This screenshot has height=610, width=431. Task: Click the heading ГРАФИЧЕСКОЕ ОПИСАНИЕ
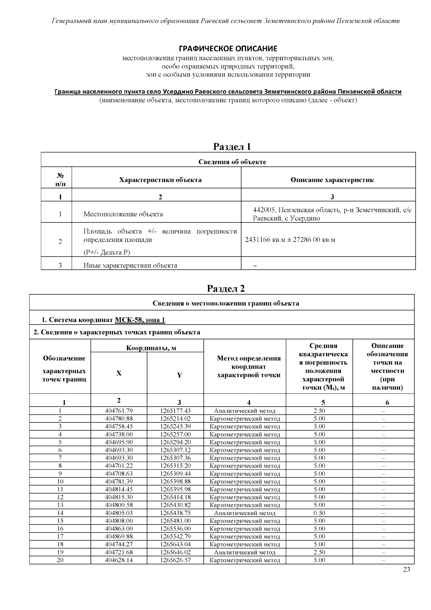pyautogui.click(x=228, y=49)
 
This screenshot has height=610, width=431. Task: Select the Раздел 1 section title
pyautogui.click(x=232, y=147)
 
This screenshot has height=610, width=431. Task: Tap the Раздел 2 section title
pyautogui.click(x=226, y=289)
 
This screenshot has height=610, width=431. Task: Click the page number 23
pyautogui.click(x=407, y=569)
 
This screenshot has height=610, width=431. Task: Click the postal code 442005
pyautogui.click(x=264, y=210)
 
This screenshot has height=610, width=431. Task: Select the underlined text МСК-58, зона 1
pyautogui.click(x=140, y=320)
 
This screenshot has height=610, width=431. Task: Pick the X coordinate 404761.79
pyautogui.click(x=119, y=411)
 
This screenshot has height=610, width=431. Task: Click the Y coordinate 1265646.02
pyautogui.click(x=175, y=552)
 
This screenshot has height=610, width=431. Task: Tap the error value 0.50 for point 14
pyautogui.click(x=319, y=513)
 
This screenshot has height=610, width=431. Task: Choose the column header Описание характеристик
pyautogui.click(x=332, y=180)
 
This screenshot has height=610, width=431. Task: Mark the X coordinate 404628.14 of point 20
pyautogui.click(x=119, y=560)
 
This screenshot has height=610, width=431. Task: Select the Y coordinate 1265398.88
pyautogui.click(x=175, y=482)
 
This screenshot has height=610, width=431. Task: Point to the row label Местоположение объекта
pyautogui.click(x=123, y=214)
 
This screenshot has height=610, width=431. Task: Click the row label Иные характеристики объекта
pyautogui.click(x=130, y=266)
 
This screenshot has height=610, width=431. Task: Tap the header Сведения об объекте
pyautogui.click(x=232, y=162)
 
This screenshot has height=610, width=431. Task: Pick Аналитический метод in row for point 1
pyautogui.click(x=245, y=411)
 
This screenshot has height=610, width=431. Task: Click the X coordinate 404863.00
pyautogui.click(x=119, y=529)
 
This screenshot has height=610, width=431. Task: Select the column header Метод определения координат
pyautogui.click(x=249, y=367)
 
